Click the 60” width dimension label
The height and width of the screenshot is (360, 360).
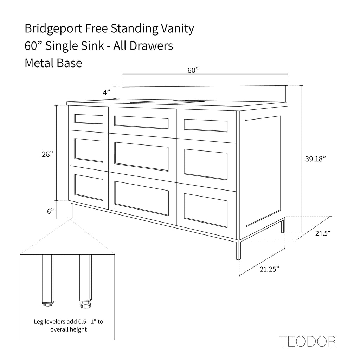click(x=193, y=70)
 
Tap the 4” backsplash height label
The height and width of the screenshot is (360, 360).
click(x=106, y=92)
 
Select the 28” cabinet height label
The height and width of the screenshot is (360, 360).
click(x=47, y=154)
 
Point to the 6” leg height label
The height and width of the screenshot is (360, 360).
click(x=50, y=211)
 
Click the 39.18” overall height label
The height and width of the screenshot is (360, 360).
click(x=315, y=159)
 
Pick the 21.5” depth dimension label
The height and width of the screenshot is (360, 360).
click(x=323, y=233)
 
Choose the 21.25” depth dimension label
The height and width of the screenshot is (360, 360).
click(x=269, y=269)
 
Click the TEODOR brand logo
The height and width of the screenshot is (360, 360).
click(x=307, y=341)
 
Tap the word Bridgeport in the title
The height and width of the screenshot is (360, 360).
click(x=53, y=29)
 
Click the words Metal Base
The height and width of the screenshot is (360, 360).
click(x=53, y=63)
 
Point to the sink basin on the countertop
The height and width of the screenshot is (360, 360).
click(x=167, y=102)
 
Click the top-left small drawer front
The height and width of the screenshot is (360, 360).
click(x=89, y=120)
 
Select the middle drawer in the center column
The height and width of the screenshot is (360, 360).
click(x=142, y=156)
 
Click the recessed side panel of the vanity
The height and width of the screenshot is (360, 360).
click(x=263, y=171)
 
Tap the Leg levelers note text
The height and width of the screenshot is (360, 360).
click(x=69, y=325)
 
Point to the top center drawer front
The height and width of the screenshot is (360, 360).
click(x=142, y=122)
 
